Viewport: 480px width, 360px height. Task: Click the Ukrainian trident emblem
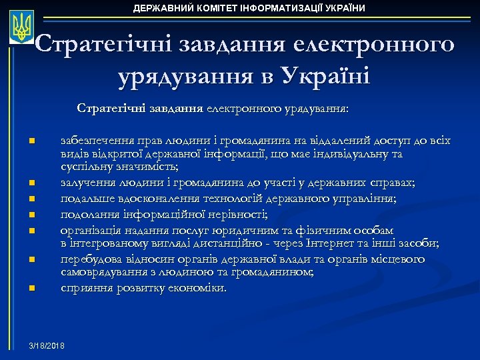point(23,27)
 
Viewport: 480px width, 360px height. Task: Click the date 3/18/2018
point(47,347)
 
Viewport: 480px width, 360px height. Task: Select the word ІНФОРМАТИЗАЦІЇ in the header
point(275,8)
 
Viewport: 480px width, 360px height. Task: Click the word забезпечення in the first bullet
point(93,141)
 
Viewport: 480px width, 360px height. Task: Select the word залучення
point(85,182)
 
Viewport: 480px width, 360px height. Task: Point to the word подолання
point(85,214)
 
